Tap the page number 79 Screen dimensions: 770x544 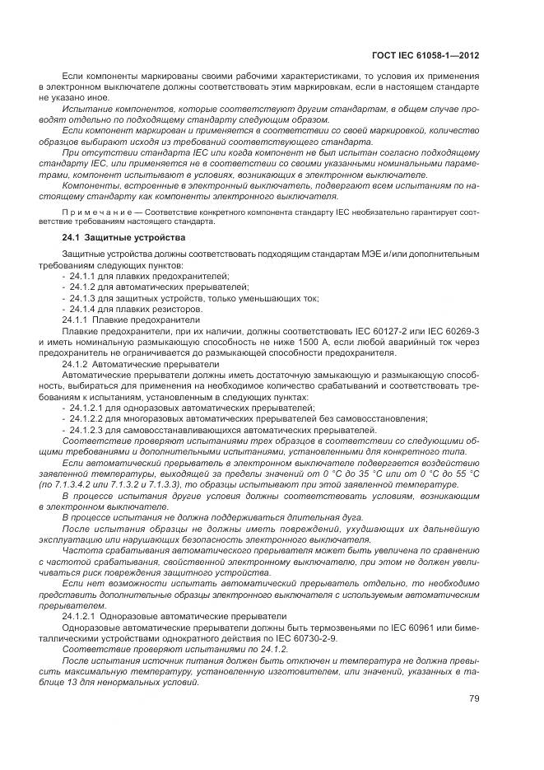(x=474, y=698)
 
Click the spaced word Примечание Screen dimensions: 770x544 (x=95, y=212)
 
